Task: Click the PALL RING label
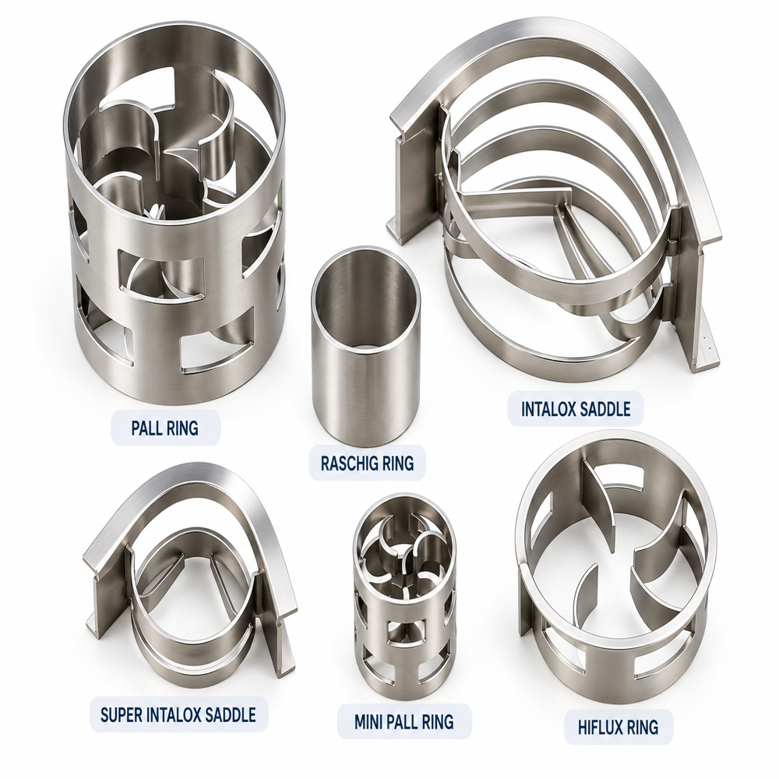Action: click(x=165, y=428)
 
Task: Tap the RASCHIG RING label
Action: click(x=367, y=463)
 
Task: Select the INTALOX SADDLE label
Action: click(x=576, y=410)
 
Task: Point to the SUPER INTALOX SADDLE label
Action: click(x=178, y=715)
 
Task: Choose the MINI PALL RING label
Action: click(x=404, y=721)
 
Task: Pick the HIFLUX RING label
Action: click(x=618, y=728)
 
